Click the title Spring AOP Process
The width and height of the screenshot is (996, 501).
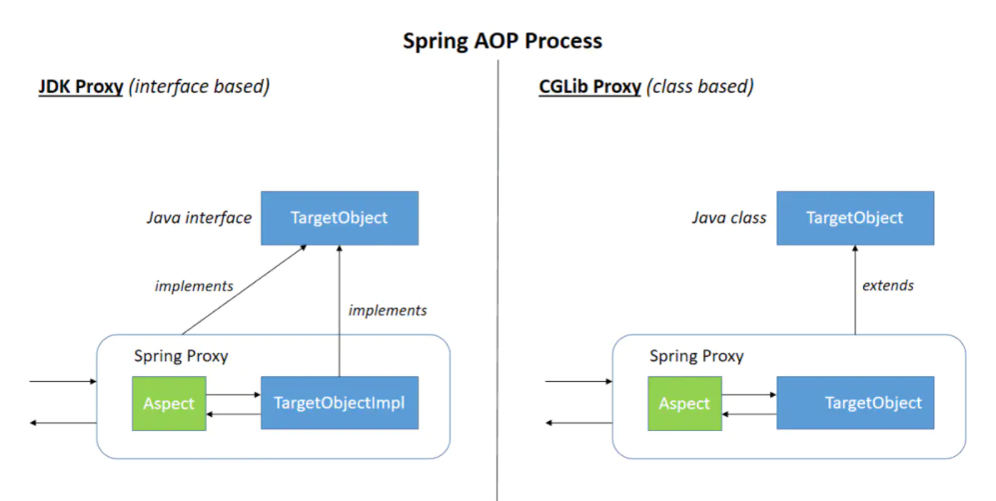(502, 41)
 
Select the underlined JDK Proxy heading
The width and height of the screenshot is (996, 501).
(81, 86)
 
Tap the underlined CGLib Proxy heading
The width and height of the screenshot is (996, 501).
(589, 86)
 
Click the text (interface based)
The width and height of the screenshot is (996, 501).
(200, 86)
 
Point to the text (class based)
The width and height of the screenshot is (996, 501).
(700, 86)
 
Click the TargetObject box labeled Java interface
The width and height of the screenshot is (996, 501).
(339, 218)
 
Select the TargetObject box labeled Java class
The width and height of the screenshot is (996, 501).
(854, 218)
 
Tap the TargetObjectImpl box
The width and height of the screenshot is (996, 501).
(339, 403)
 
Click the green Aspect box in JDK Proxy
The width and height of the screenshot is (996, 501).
(169, 403)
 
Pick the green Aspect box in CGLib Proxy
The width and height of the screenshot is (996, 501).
(684, 403)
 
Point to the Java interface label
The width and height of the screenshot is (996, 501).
(199, 218)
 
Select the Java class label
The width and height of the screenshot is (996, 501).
(728, 218)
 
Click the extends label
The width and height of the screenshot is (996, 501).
(887, 285)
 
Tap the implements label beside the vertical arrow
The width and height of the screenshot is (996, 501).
(388, 310)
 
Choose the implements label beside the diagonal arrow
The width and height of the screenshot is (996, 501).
(194, 286)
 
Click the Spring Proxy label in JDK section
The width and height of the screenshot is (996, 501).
(181, 356)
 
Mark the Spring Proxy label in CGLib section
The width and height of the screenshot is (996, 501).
(696, 356)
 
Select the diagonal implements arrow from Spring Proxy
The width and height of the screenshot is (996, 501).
(243, 290)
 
